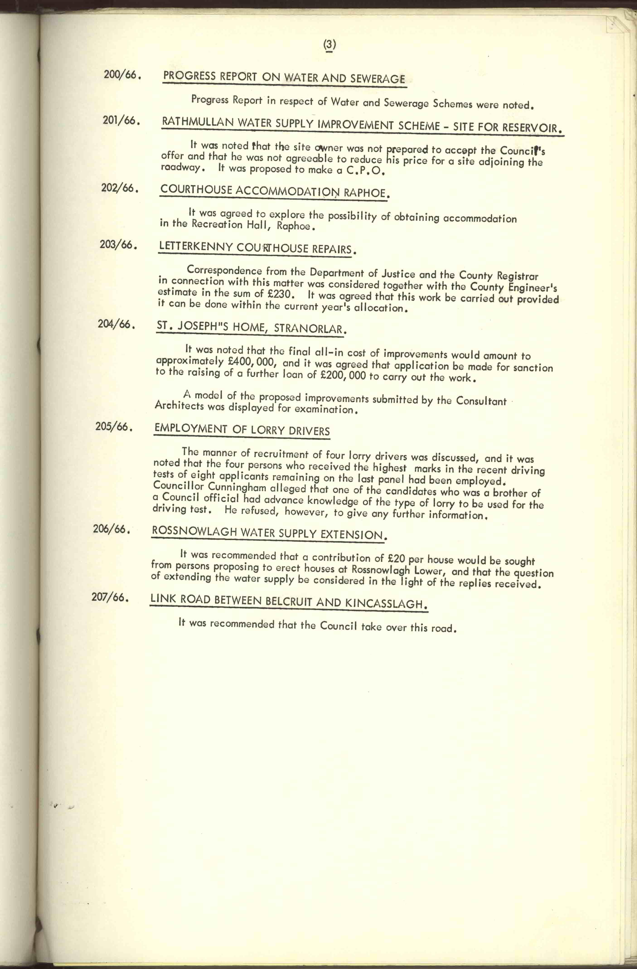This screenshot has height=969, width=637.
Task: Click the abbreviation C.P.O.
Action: coord(366,171)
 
